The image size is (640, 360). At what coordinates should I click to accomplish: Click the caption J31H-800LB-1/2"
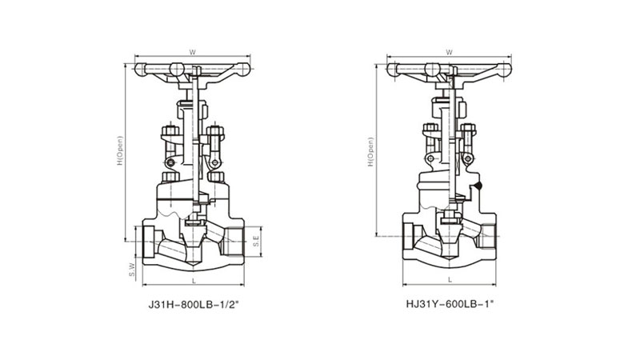coord(193,305)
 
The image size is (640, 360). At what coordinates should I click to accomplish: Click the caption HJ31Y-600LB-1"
coord(450,304)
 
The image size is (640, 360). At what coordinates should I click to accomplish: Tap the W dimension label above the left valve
coord(193,52)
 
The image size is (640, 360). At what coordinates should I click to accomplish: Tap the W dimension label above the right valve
coord(449,52)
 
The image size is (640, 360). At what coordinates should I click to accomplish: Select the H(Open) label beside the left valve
coord(119,150)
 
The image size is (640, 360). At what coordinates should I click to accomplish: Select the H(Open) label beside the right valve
coord(370,152)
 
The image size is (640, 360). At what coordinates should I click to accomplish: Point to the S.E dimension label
coord(256,242)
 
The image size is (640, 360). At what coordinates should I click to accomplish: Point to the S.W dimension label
coord(132,270)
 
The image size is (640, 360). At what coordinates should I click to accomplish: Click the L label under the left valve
coord(194,281)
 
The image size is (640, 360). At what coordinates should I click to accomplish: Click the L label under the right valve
coord(450,279)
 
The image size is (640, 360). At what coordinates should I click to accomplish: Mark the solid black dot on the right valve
coord(478,186)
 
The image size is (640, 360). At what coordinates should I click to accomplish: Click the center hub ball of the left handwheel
coord(177,70)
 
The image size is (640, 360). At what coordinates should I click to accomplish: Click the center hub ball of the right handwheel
coord(432,70)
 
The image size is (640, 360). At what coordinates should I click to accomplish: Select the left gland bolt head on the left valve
coord(170,131)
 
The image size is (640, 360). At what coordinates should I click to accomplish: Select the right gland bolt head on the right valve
coord(468,128)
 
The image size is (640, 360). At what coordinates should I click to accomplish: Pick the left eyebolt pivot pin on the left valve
coord(170,163)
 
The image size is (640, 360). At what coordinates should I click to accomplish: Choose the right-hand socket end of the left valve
coord(234,242)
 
